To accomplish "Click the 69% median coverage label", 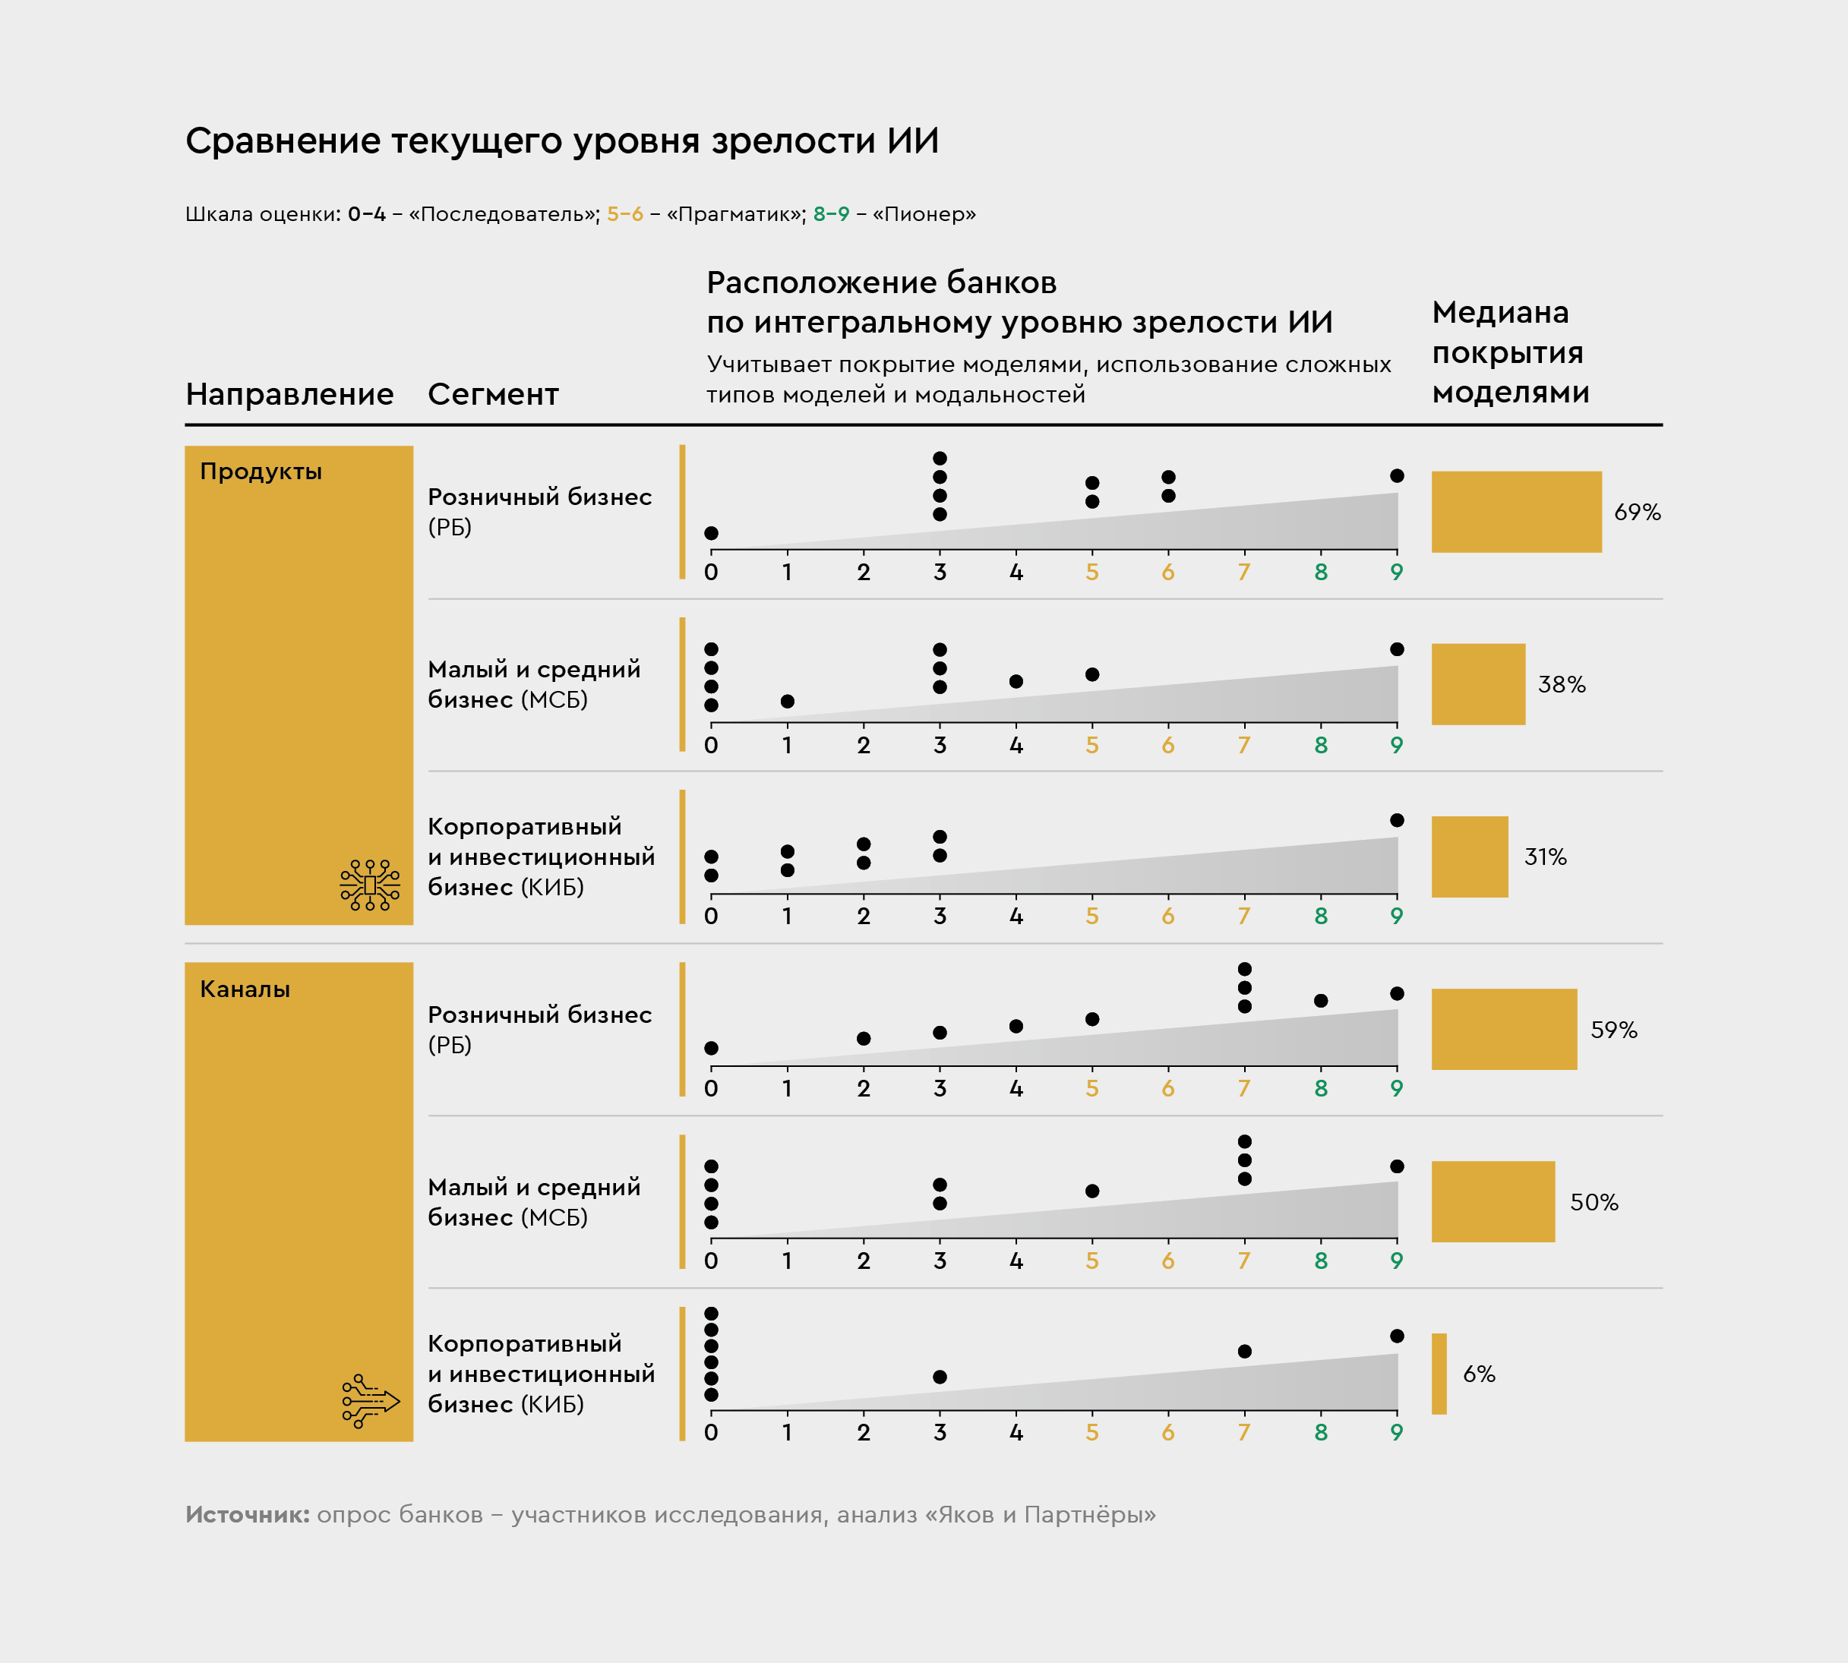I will [1637, 512].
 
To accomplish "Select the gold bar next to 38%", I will [1478, 684].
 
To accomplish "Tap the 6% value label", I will [1479, 1374].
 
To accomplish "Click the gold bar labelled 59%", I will [1503, 1029].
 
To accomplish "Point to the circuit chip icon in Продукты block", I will [369, 885].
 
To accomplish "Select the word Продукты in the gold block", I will [261, 472].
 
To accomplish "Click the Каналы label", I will [245, 989].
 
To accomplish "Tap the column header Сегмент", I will [493, 394].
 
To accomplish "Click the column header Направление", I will [289, 394].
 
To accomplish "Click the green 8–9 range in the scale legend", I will [831, 214].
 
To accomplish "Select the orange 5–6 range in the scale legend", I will [624, 214].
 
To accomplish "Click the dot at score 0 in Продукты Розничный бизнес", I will [711, 533].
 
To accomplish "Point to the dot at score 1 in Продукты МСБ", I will [787, 701].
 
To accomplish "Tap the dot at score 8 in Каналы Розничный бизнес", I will [1321, 1001].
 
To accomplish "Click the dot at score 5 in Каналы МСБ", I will [1092, 1191].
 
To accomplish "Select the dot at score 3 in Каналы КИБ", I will [940, 1376].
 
